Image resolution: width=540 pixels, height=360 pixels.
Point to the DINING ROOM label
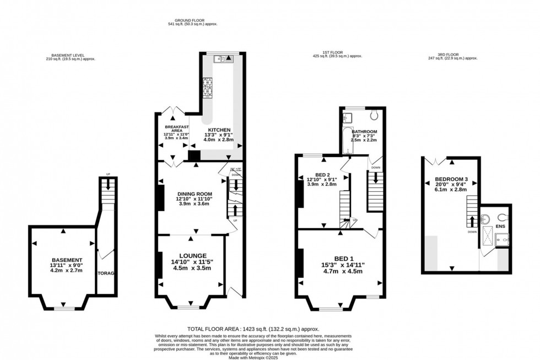click(x=195, y=194)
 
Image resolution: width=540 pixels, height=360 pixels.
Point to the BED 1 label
click(x=343, y=258)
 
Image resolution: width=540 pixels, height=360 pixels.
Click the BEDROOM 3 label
click(x=451, y=179)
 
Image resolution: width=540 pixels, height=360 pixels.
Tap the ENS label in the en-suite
click(x=500, y=226)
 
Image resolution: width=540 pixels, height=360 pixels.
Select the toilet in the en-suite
click(x=501, y=217)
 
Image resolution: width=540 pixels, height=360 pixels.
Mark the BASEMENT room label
click(x=67, y=260)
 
